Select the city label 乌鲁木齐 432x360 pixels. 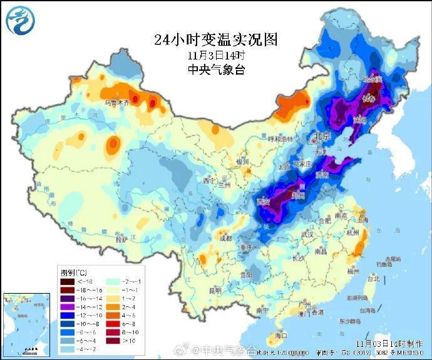click(117, 101)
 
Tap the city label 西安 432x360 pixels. click(264, 201)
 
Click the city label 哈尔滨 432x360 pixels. click(373, 80)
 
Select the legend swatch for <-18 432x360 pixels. click(66, 282)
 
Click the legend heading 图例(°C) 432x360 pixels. click(74, 273)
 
